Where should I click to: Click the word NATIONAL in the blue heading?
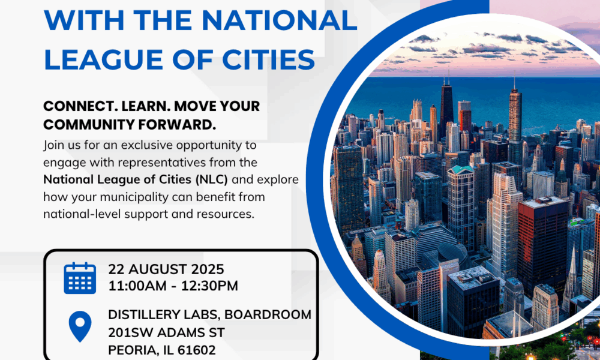pyautogui.click(x=290, y=20)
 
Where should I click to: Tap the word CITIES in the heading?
pyautogui.click(x=267, y=59)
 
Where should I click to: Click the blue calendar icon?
pyautogui.click(x=80, y=278)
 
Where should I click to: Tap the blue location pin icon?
pyautogui.click(x=80, y=326)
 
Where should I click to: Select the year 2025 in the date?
pyautogui.click(x=208, y=269)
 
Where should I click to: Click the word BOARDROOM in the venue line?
pyautogui.click(x=268, y=314)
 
